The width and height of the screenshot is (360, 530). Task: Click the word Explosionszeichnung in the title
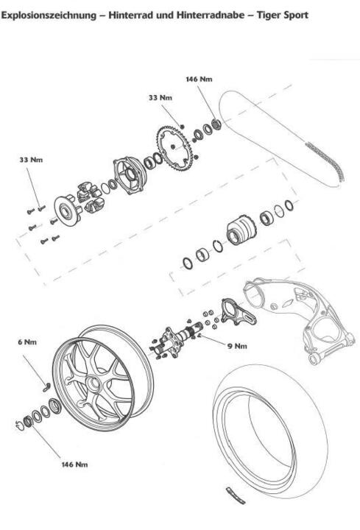point(49,15)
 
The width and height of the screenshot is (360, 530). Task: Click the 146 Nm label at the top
point(199,79)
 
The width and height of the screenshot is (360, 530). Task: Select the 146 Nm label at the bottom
point(74,464)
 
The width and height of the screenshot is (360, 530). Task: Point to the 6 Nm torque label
point(27,342)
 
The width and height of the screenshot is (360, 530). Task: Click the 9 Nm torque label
point(237,346)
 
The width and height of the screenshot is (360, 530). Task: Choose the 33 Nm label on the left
point(31,160)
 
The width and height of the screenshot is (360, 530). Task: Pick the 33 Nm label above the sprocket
point(160,98)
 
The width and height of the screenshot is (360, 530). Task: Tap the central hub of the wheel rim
point(93,385)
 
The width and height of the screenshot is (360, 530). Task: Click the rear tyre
point(270,428)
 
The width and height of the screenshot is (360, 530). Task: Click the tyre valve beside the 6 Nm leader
point(46,387)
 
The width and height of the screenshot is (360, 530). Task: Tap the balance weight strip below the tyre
point(236,495)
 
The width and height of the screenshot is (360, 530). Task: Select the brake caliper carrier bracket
point(238,311)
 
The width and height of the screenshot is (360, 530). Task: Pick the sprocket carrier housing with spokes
point(130,175)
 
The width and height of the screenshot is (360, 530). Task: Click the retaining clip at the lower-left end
point(20,426)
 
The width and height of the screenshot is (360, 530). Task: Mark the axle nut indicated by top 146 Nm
point(216,124)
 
